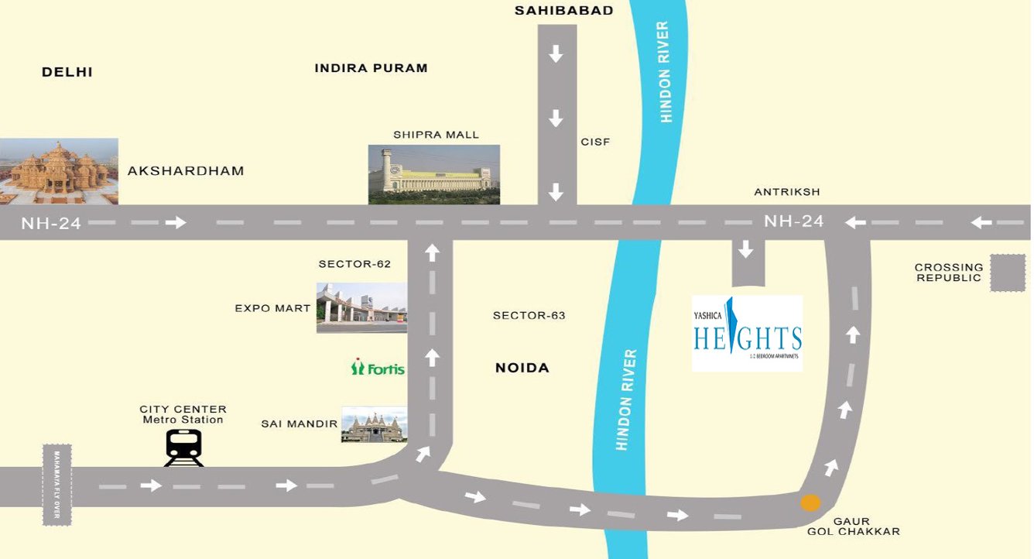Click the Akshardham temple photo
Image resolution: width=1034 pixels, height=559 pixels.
59,171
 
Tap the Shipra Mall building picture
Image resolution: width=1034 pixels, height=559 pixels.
433,174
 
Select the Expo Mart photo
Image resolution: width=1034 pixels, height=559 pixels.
361,307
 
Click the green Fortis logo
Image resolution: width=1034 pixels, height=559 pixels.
378,368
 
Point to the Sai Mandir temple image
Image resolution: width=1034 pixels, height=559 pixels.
374,424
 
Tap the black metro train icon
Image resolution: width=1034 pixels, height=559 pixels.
183,448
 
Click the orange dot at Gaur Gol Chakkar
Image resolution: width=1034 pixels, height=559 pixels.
810,502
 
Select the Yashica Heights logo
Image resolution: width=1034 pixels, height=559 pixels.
747,334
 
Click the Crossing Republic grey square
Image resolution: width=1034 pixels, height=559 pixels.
1008,273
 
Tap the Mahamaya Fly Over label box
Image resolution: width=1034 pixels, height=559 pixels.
56,485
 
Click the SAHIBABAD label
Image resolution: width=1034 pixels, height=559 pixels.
564,11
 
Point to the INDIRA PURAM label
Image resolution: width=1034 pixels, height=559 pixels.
371,68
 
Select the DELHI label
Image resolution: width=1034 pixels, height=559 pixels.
67,72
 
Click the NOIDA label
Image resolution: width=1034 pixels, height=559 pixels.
522,368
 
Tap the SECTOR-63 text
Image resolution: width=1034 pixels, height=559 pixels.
529,316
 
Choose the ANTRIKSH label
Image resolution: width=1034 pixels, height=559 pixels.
787,192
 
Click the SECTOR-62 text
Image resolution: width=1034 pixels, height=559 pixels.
354,264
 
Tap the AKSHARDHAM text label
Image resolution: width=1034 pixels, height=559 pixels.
186,171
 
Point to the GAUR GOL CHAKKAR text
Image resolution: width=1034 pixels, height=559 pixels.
853,526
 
